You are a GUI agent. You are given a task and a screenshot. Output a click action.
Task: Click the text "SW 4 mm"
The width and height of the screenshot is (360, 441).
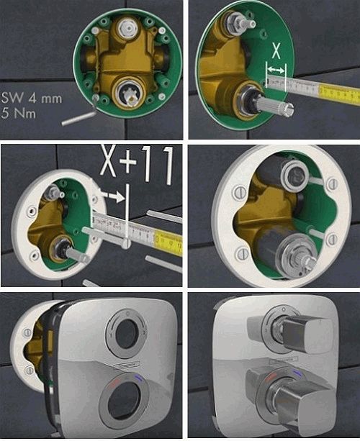click(32, 99)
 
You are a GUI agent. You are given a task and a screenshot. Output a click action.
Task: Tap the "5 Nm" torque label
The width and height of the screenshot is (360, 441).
click(19, 114)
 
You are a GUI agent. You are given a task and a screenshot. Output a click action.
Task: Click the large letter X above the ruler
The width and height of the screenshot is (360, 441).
click(276, 50)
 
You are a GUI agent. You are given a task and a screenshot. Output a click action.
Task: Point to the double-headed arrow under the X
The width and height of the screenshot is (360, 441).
click(276, 69)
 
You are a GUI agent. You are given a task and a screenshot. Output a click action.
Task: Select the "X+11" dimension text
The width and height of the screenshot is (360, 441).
click(137, 164)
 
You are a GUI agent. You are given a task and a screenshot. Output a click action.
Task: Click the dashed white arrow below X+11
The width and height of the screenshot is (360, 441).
click(112, 196)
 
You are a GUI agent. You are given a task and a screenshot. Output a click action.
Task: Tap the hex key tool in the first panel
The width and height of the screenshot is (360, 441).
click(80, 114)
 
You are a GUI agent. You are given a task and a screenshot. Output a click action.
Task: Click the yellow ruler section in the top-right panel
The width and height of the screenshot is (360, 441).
click(339, 93)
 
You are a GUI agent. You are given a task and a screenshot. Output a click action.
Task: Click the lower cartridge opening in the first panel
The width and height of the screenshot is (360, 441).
click(130, 94)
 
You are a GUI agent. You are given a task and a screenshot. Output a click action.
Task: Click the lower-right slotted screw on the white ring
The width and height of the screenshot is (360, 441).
click(332, 239)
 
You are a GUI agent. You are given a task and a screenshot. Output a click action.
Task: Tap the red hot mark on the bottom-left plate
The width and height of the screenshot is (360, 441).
click(115, 381)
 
